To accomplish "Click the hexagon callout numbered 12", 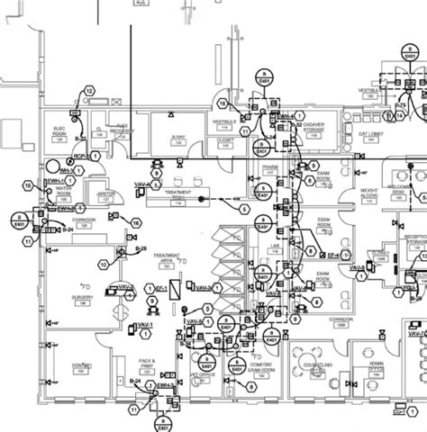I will click(x=90, y=90).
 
